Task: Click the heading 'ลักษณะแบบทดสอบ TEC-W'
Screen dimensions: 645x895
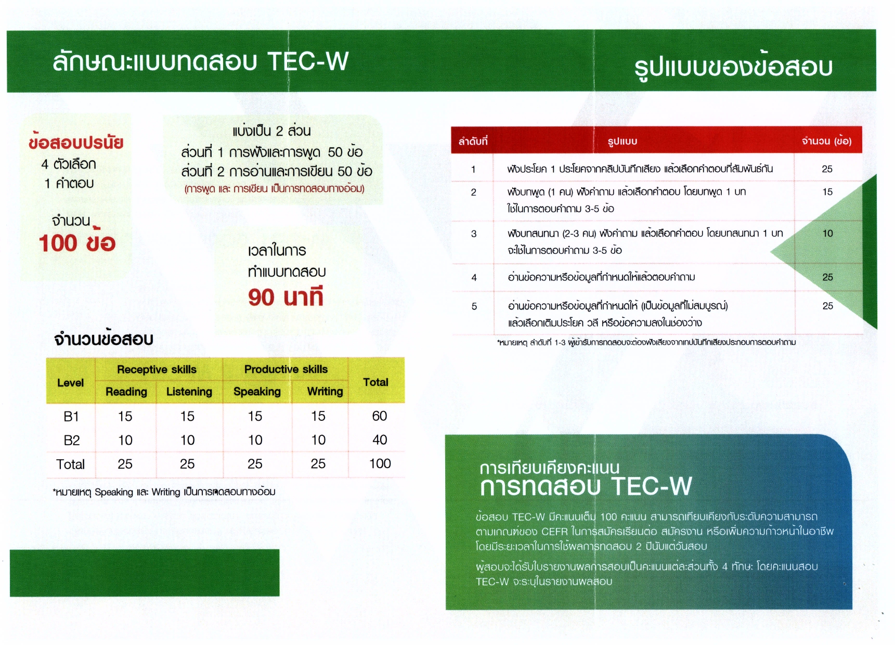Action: pos(200,61)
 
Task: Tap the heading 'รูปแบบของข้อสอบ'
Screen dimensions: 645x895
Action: pos(733,67)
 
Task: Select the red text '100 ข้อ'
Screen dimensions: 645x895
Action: pos(77,243)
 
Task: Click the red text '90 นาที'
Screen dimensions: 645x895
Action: pos(286,297)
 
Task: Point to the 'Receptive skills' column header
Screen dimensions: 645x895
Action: pos(157,369)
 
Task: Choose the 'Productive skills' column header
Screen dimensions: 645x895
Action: pos(286,369)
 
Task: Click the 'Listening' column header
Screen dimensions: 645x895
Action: pos(189,392)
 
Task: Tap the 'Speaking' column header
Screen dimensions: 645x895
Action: pos(257,392)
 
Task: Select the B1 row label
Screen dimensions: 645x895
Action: pos(71,416)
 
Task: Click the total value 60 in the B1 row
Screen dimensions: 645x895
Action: pos(379,416)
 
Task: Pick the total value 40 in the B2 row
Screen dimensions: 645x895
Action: pos(380,440)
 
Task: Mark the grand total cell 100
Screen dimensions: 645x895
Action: pos(380,463)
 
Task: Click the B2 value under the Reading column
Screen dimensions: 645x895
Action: pos(125,440)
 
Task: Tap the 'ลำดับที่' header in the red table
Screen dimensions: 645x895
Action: pos(473,141)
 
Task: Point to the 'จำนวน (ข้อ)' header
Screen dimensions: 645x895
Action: pos(826,141)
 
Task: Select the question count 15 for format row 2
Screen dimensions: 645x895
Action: pos(827,192)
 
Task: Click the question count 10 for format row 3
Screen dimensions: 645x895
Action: pos(827,234)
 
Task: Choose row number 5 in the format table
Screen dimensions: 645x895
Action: pos(474,306)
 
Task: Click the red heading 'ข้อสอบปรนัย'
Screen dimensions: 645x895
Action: pos(76,143)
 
